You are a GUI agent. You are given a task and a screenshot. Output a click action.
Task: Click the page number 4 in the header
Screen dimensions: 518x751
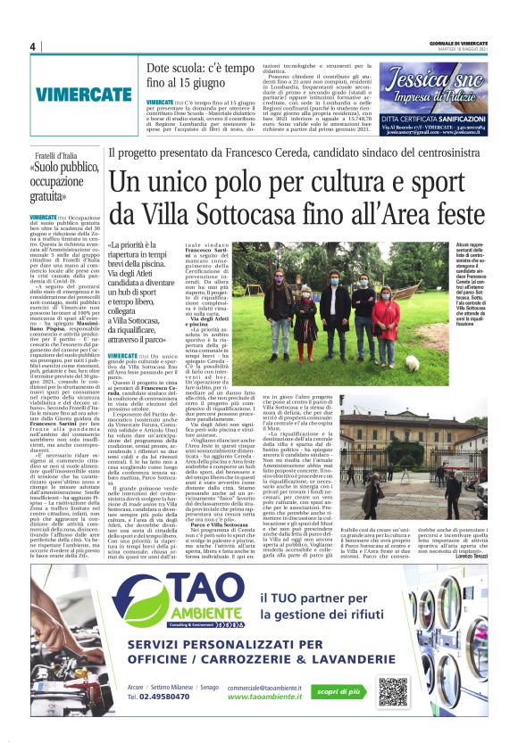click(x=32, y=46)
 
